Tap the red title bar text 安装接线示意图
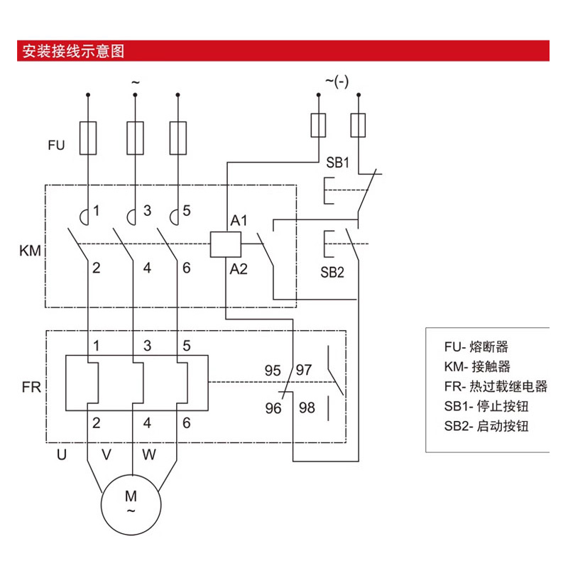click(x=74, y=52)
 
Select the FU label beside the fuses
click(x=56, y=146)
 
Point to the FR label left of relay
click(x=31, y=388)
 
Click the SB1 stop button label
click(x=338, y=163)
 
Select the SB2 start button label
click(x=332, y=272)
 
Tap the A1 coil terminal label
click(x=238, y=221)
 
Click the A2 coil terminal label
click(x=238, y=268)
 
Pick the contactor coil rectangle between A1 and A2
click(x=225, y=244)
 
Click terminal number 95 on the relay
click(x=273, y=370)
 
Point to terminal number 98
click(x=307, y=408)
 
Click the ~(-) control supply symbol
click(x=337, y=81)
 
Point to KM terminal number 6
click(x=187, y=268)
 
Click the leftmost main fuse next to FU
click(x=88, y=137)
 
